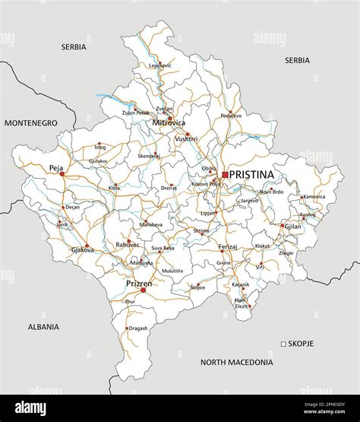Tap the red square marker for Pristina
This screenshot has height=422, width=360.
(x=226, y=175)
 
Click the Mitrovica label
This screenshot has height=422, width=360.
(x=169, y=122)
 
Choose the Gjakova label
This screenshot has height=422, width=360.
(x=82, y=249)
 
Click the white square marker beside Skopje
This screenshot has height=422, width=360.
(x=283, y=344)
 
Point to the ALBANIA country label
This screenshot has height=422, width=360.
(x=43, y=326)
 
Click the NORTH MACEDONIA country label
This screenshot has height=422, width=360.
(x=236, y=363)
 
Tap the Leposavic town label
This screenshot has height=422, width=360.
(x=160, y=65)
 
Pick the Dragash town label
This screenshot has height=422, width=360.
(x=138, y=328)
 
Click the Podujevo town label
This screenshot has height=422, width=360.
(x=231, y=116)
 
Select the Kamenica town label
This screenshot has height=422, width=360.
(x=314, y=196)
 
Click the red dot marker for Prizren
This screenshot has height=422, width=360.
(x=143, y=290)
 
